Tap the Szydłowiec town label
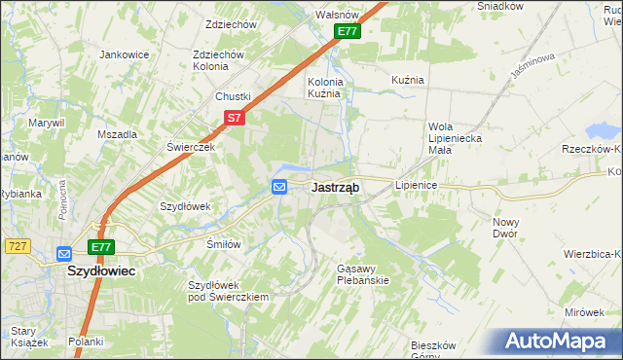click(x=100, y=272)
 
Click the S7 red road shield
click(x=234, y=117)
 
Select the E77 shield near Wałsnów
click(x=348, y=31)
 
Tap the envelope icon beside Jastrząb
click(x=279, y=187)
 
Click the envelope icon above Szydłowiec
click(x=64, y=254)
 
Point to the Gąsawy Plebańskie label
click(x=362, y=273)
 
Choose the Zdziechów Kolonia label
click(x=217, y=60)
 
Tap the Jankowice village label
click(x=124, y=54)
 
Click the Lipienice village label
click(x=417, y=184)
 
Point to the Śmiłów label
click(x=223, y=244)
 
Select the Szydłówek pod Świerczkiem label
click(x=227, y=290)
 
